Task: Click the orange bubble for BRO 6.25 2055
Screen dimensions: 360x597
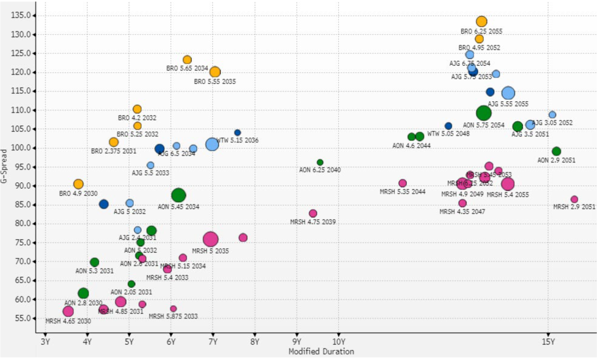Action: (481, 22)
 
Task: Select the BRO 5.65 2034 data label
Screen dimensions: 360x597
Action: (187, 68)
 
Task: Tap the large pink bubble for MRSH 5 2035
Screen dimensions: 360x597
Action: (210, 239)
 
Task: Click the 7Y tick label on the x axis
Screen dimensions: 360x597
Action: (213, 341)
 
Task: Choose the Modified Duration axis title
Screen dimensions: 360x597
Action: (321, 351)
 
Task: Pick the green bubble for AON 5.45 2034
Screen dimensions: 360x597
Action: (178, 195)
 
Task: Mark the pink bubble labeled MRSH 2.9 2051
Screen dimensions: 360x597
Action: (574, 199)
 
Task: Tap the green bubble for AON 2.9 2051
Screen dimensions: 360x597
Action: (556, 151)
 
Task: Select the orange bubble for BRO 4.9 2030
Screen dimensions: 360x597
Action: (78, 184)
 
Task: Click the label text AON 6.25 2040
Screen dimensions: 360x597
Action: (319, 170)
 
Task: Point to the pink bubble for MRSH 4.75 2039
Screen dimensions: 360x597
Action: (313, 213)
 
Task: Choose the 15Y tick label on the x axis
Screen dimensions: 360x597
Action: (548, 341)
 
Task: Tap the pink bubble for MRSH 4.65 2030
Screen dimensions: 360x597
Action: (68, 311)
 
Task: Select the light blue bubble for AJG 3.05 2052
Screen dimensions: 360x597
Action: (552, 115)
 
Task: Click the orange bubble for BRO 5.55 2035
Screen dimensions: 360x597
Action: (215, 72)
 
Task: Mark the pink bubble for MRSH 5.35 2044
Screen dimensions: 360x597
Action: (402, 183)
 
